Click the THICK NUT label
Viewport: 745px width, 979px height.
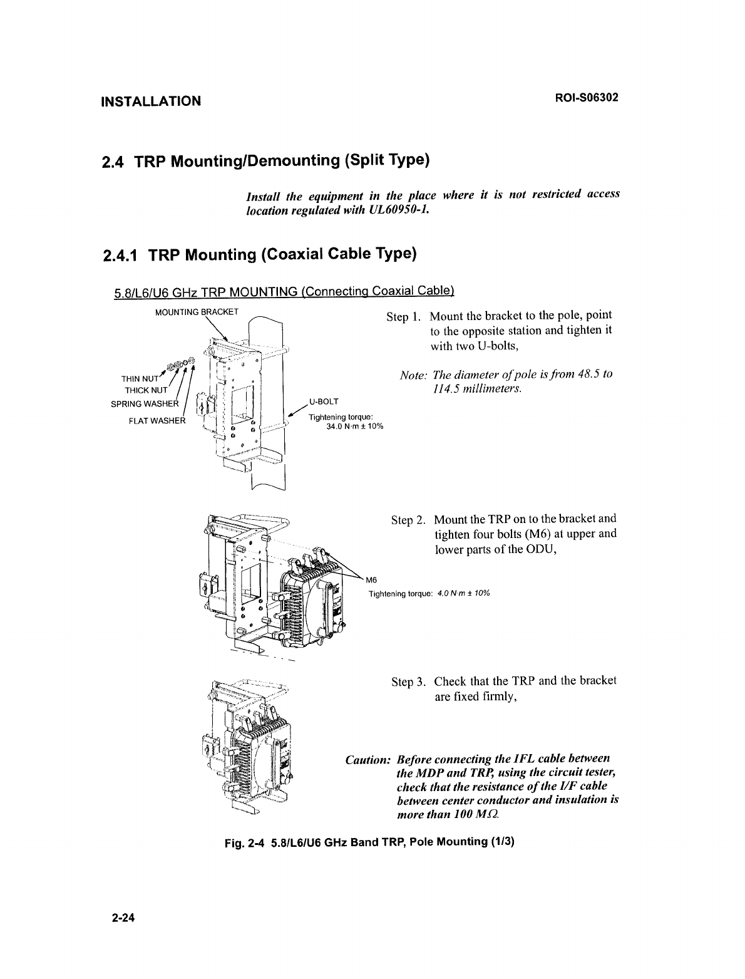pyautogui.click(x=144, y=390)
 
